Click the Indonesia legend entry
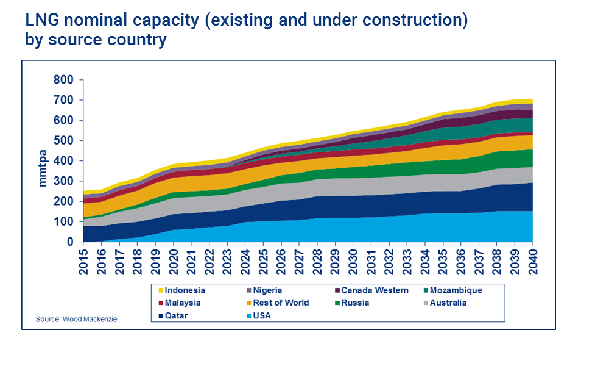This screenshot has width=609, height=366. click(x=185, y=290)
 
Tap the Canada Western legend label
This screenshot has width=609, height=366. click(x=375, y=290)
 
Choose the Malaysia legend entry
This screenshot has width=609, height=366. click(x=182, y=303)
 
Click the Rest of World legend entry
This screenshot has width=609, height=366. click(x=280, y=303)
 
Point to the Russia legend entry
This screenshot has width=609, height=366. click(x=355, y=303)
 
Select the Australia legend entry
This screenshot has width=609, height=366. click(x=448, y=303)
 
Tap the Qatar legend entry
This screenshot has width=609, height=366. click(x=176, y=315)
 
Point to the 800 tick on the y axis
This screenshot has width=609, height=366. click(x=63, y=80)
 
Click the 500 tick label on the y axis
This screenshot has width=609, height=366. click(x=63, y=141)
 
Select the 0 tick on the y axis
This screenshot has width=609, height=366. click(x=70, y=242)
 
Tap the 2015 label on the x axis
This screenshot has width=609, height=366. click(x=85, y=259)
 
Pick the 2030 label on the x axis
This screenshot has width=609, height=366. click(x=354, y=259)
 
